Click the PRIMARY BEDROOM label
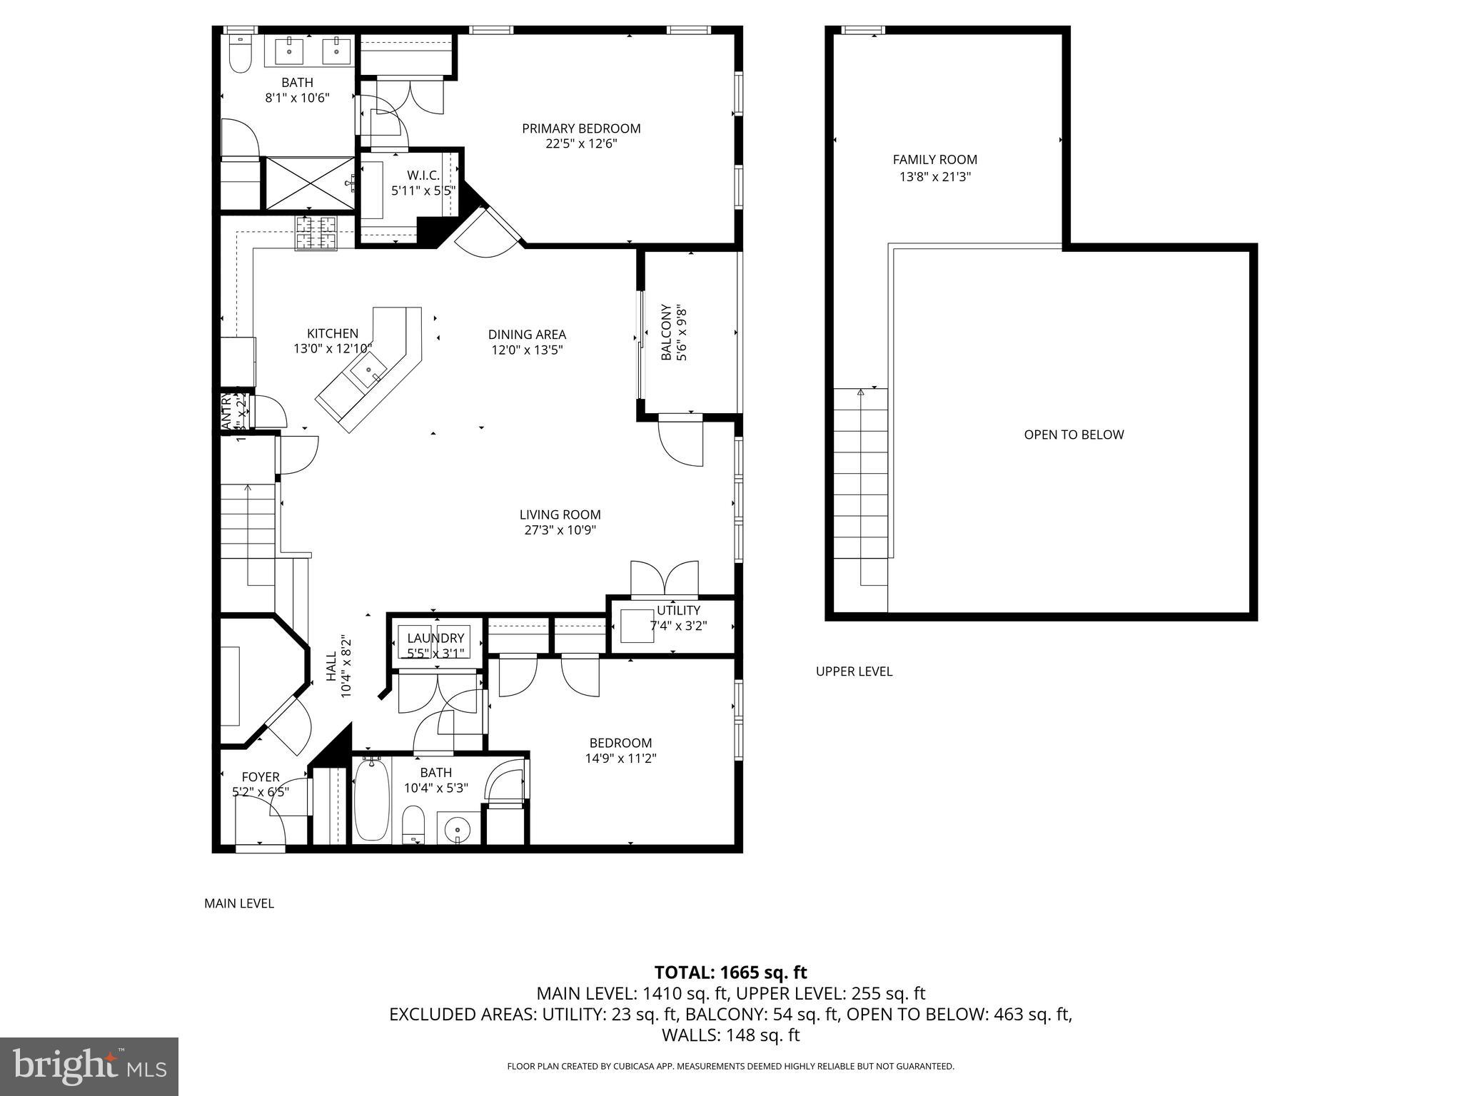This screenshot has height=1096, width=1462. click(x=581, y=128)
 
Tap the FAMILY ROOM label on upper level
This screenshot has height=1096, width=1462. click(x=934, y=160)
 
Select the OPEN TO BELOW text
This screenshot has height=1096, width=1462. click(x=1074, y=435)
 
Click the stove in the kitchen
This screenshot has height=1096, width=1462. click(x=316, y=233)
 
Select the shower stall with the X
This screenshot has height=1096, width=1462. click(x=310, y=183)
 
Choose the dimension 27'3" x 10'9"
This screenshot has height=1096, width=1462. click(x=560, y=530)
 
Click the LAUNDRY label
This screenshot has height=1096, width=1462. click(x=435, y=638)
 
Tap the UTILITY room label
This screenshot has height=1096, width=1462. click(x=678, y=610)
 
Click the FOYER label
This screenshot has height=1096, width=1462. click(x=261, y=777)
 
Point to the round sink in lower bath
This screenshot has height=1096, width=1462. click(x=455, y=829)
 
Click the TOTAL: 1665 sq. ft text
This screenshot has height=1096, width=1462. click(x=730, y=973)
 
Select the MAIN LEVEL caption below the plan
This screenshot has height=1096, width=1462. click(x=239, y=903)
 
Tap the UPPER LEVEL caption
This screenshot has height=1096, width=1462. click(x=854, y=671)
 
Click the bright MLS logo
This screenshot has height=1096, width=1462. click(x=89, y=1067)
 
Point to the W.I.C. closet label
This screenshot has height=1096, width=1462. click(x=423, y=175)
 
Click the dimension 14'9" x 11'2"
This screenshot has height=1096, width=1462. click(x=620, y=758)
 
